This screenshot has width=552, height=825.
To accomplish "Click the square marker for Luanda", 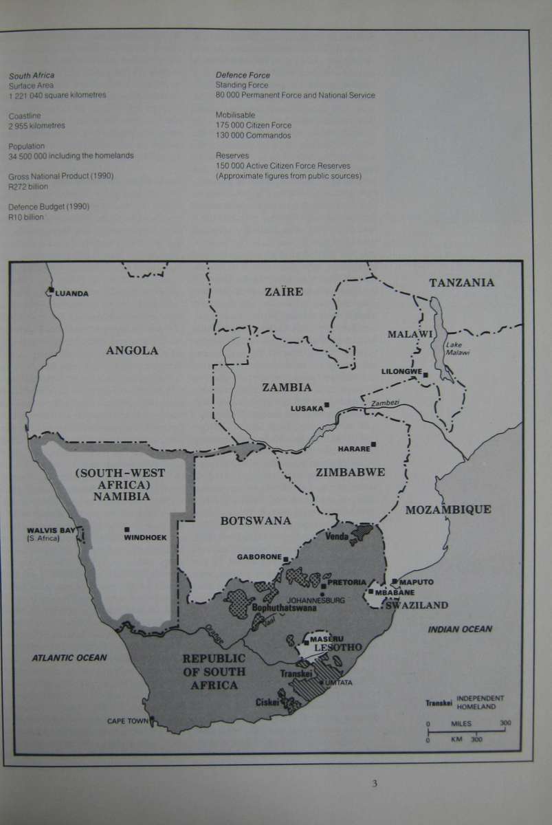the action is [x=51, y=291].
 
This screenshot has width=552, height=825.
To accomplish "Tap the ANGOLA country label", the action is [x=132, y=351].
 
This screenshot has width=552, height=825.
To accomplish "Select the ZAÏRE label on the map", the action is [x=283, y=291].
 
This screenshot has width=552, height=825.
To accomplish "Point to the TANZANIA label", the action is [x=461, y=283].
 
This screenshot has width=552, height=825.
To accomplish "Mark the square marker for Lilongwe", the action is [x=426, y=375].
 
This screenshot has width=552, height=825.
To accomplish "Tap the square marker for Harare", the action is [x=374, y=444].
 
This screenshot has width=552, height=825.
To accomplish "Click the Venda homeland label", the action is [x=337, y=536].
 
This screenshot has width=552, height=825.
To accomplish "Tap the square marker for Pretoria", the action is [x=322, y=586].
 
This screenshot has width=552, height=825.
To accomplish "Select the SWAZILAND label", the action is [x=417, y=606].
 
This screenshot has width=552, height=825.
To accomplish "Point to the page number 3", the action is [x=375, y=782].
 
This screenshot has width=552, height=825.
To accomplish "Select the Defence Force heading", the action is [x=243, y=75].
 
